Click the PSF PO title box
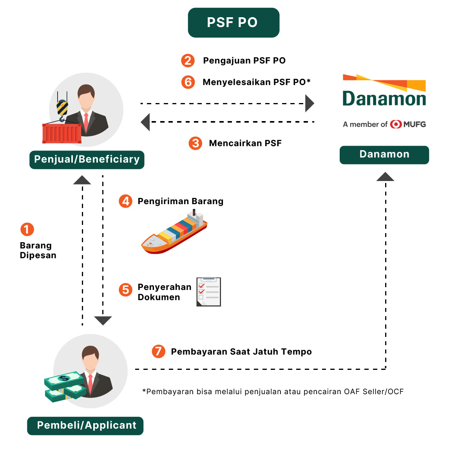234,23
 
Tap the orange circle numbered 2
188,60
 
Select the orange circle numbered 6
188,82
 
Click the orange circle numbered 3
195,143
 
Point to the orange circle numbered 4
125,201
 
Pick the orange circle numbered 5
125,290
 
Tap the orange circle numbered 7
158,351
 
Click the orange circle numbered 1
27,229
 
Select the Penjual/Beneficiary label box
87,159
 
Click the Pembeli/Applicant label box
85,425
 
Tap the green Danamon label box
384,155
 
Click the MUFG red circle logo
396,124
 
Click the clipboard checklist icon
209,291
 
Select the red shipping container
62,134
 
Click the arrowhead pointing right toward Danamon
310,103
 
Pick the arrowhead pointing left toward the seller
145,122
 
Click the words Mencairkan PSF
245,143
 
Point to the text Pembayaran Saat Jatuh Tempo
241,351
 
